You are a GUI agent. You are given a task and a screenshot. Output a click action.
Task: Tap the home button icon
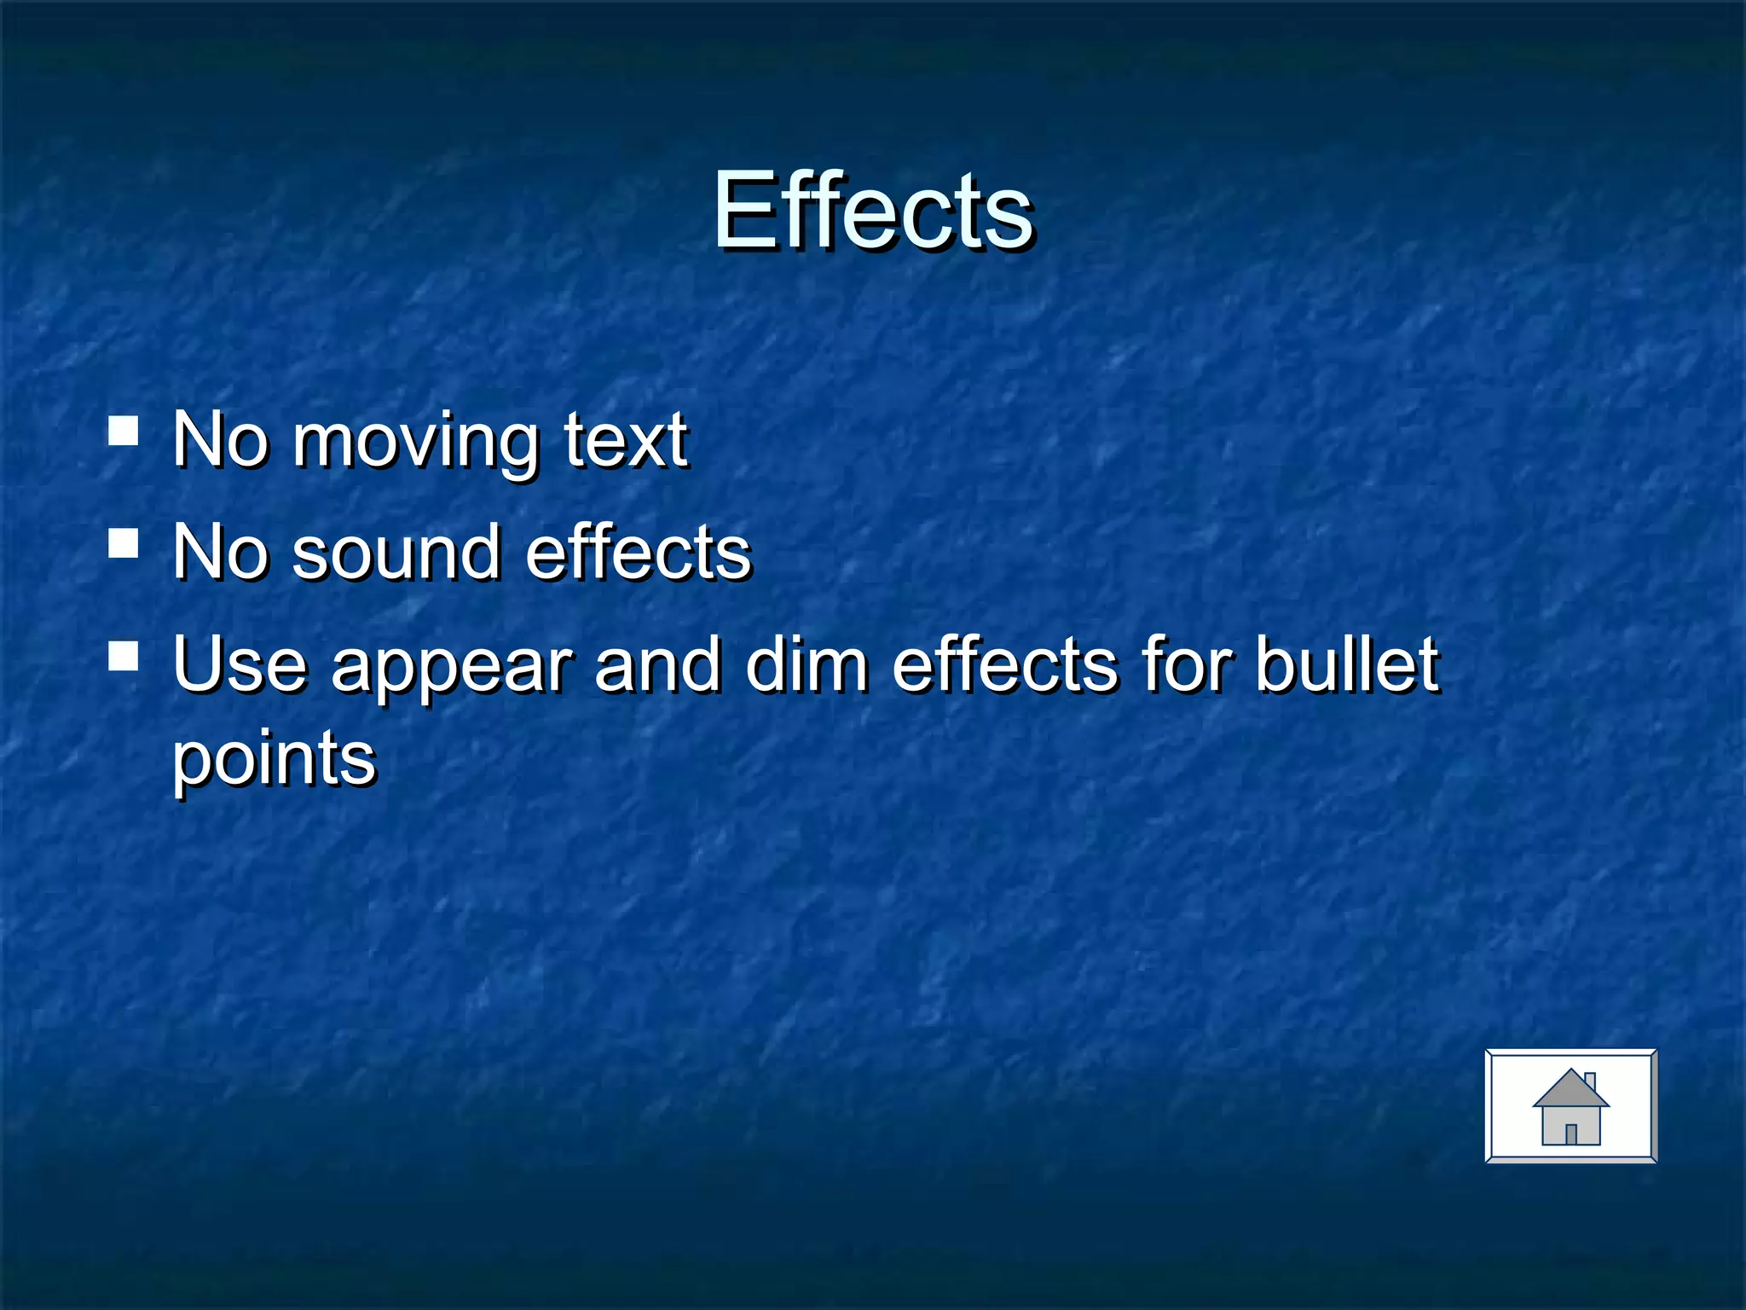pos(1570,1105)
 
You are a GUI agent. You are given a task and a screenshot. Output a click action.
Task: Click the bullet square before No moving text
pos(124,431)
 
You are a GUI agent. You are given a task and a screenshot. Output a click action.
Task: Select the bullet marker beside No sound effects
pos(124,542)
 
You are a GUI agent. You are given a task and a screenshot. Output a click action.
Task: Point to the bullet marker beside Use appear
pos(124,656)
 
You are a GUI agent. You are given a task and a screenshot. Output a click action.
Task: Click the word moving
pos(415,442)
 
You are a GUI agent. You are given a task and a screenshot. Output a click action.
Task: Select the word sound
pos(396,553)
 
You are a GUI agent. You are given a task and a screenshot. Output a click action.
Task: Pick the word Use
pos(240,664)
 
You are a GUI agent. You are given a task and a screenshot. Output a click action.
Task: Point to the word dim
pos(806,664)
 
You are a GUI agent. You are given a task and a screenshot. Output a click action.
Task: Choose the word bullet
pos(1347,664)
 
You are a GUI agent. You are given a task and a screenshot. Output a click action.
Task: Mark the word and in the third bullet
pos(656,664)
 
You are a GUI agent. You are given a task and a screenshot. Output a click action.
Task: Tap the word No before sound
pos(220,553)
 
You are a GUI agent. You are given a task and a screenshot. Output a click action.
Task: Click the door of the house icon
pos(1571,1133)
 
